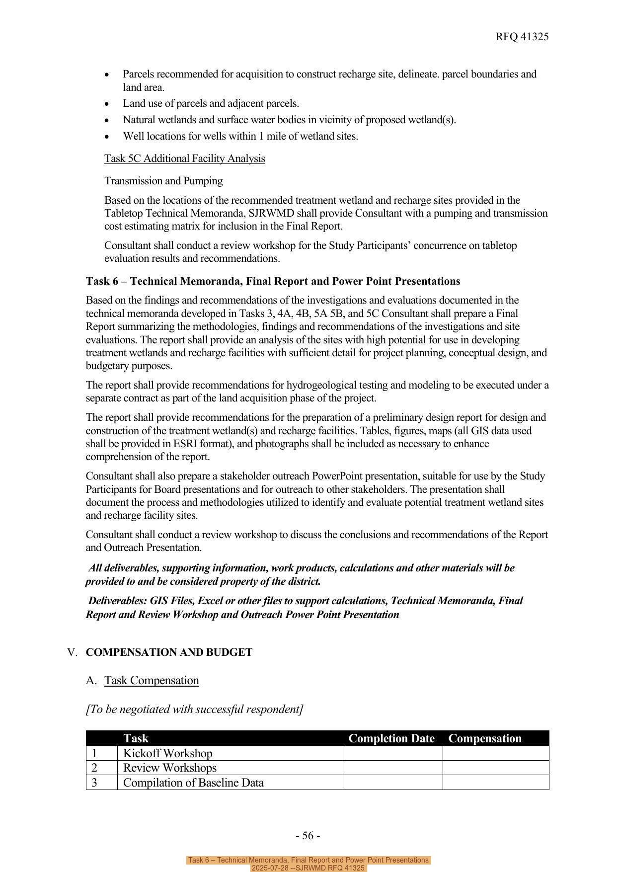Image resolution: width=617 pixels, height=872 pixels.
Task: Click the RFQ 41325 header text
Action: pos(522,37)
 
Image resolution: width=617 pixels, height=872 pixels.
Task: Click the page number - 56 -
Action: pos(308,836)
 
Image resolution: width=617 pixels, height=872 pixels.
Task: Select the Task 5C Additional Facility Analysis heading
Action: pos(184,159)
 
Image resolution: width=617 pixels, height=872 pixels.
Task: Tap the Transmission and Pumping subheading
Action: pos(163,181)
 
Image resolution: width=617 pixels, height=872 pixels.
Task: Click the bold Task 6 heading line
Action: pos(273,281)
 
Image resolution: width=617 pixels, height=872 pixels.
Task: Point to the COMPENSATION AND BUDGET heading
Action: pos(169,652)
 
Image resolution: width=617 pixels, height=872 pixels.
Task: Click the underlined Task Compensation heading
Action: pos(151,681)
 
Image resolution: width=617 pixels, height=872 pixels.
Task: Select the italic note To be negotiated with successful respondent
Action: pos(194,709)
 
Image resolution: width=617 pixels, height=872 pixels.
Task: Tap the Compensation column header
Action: pos(484,738)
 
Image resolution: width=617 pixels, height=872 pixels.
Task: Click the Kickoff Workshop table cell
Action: pos(167,753)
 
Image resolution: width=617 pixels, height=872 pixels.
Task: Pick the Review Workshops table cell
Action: pos(169,768)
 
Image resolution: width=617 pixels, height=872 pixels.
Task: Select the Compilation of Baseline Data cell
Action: pos(193,783)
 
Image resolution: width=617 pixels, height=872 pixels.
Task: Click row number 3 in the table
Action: pos(94,783)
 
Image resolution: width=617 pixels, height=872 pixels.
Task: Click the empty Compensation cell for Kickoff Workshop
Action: pos(495,753)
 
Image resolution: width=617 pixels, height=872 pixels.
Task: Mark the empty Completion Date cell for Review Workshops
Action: pos(392,768)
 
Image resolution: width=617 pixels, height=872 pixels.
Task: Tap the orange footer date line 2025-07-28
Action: pos(308,868)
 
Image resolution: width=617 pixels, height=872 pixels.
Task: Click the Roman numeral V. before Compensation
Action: pos(73,652)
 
